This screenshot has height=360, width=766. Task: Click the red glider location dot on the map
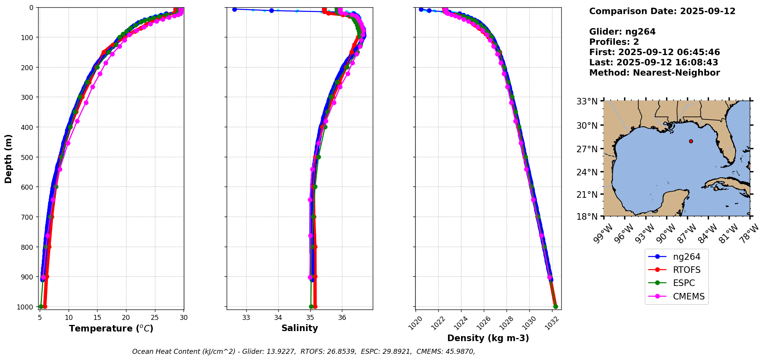[x=691, y=141]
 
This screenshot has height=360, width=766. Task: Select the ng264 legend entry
[x=686, y=257]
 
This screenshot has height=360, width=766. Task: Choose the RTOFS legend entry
[x=687, y=270]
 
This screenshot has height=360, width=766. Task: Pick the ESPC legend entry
[x=684, y=283]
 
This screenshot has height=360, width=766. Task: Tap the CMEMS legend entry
[x=689, y=296]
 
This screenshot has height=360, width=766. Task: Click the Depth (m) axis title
[x=8, y=158]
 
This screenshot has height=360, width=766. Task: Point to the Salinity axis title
[x=300, y=328]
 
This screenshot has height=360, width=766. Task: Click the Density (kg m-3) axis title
[x=488, y=338]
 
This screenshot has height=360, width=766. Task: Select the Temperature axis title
[x=111, y=328]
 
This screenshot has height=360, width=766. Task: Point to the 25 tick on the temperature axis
[x=155, y=318]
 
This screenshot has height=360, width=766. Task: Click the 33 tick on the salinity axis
[x=246, y=318]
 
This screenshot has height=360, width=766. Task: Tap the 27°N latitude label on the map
[x=587, y=149]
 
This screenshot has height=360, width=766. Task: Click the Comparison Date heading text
[x=662, y=11]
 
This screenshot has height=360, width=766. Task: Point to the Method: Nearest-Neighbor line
[x=654, y=73]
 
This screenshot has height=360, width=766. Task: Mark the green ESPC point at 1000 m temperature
[x=41, y=307]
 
